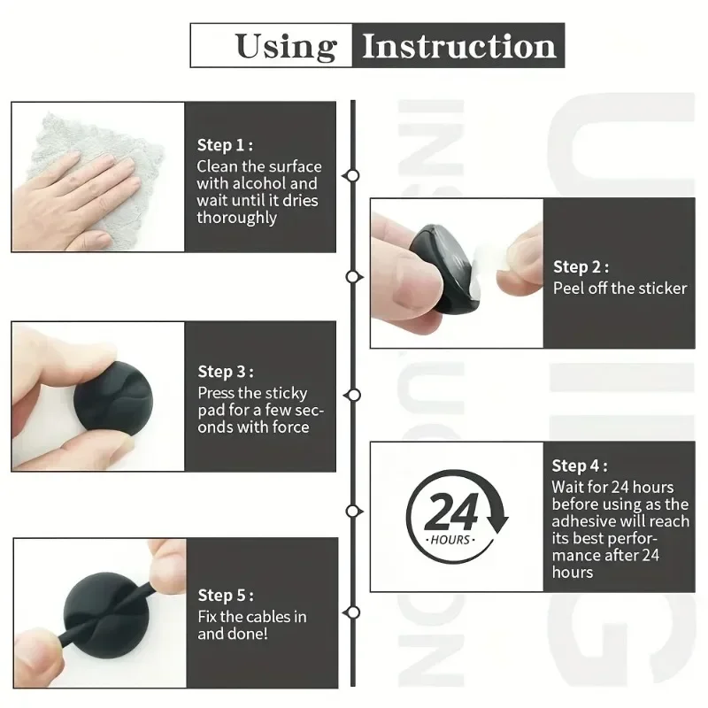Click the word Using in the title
pos(286,46)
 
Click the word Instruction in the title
pos(458,46)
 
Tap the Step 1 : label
pos(225,145)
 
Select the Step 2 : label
pos(581,266)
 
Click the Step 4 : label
pos(580,466)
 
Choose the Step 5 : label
pos(225,596)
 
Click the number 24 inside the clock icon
pos(451,512)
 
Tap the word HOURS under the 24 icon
pos(450,540)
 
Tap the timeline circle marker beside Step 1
pos(352,175)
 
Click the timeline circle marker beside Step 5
pos(353,612)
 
